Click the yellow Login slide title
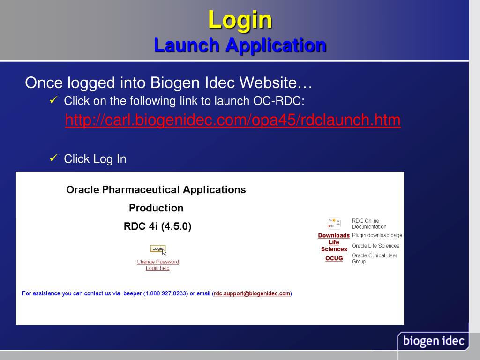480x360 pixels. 240,20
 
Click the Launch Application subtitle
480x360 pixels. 240,45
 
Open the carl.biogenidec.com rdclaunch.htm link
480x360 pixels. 232,120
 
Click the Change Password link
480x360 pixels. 157,262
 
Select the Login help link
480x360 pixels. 157,268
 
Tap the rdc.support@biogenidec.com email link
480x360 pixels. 252,293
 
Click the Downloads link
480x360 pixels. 334,235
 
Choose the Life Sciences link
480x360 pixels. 334,246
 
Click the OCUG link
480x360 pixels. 334,258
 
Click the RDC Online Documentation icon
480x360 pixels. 334,223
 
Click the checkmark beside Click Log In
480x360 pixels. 53,158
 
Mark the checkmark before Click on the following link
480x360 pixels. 53,100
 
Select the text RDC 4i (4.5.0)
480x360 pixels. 157,226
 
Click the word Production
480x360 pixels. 156,208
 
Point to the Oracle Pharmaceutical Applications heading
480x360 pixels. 156,190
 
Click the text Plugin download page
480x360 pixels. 377,235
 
